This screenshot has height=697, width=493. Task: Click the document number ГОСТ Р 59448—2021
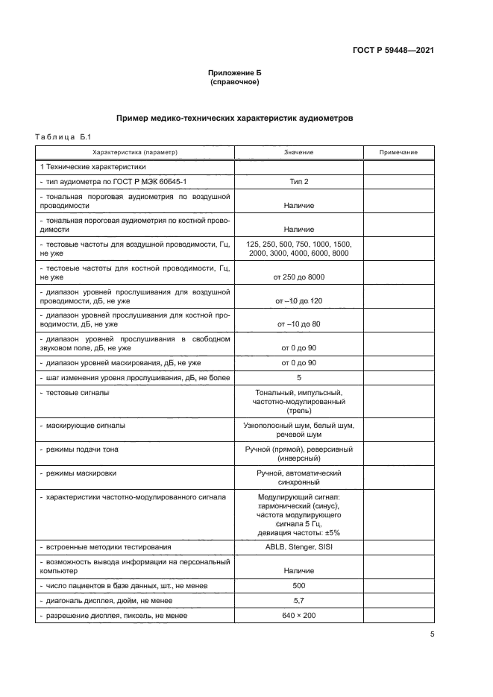coord(393,51)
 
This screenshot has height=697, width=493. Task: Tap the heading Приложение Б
coord(235,73)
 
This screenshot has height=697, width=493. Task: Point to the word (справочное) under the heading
coord(235,82)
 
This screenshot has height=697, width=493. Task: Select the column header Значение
coord(298,152)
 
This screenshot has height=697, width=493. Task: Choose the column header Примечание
coord(398,152)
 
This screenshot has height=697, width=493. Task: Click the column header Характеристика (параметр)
coord(135,152)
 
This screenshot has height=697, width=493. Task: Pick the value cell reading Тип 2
coord(298,181)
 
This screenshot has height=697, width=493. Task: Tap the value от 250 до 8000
coord(298,277)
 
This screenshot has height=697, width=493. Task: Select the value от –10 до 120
coord(298,301)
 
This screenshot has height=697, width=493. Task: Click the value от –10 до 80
coord(298,324)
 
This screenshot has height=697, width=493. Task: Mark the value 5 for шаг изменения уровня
coord(298,377)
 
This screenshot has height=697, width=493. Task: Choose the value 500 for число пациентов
coord(298,585)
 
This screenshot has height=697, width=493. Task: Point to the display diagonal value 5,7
coord(298,600)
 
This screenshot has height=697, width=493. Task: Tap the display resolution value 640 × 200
coord(298,616)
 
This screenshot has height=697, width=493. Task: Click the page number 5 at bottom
coord(432,634)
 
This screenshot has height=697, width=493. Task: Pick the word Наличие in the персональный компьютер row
coord(298,570)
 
